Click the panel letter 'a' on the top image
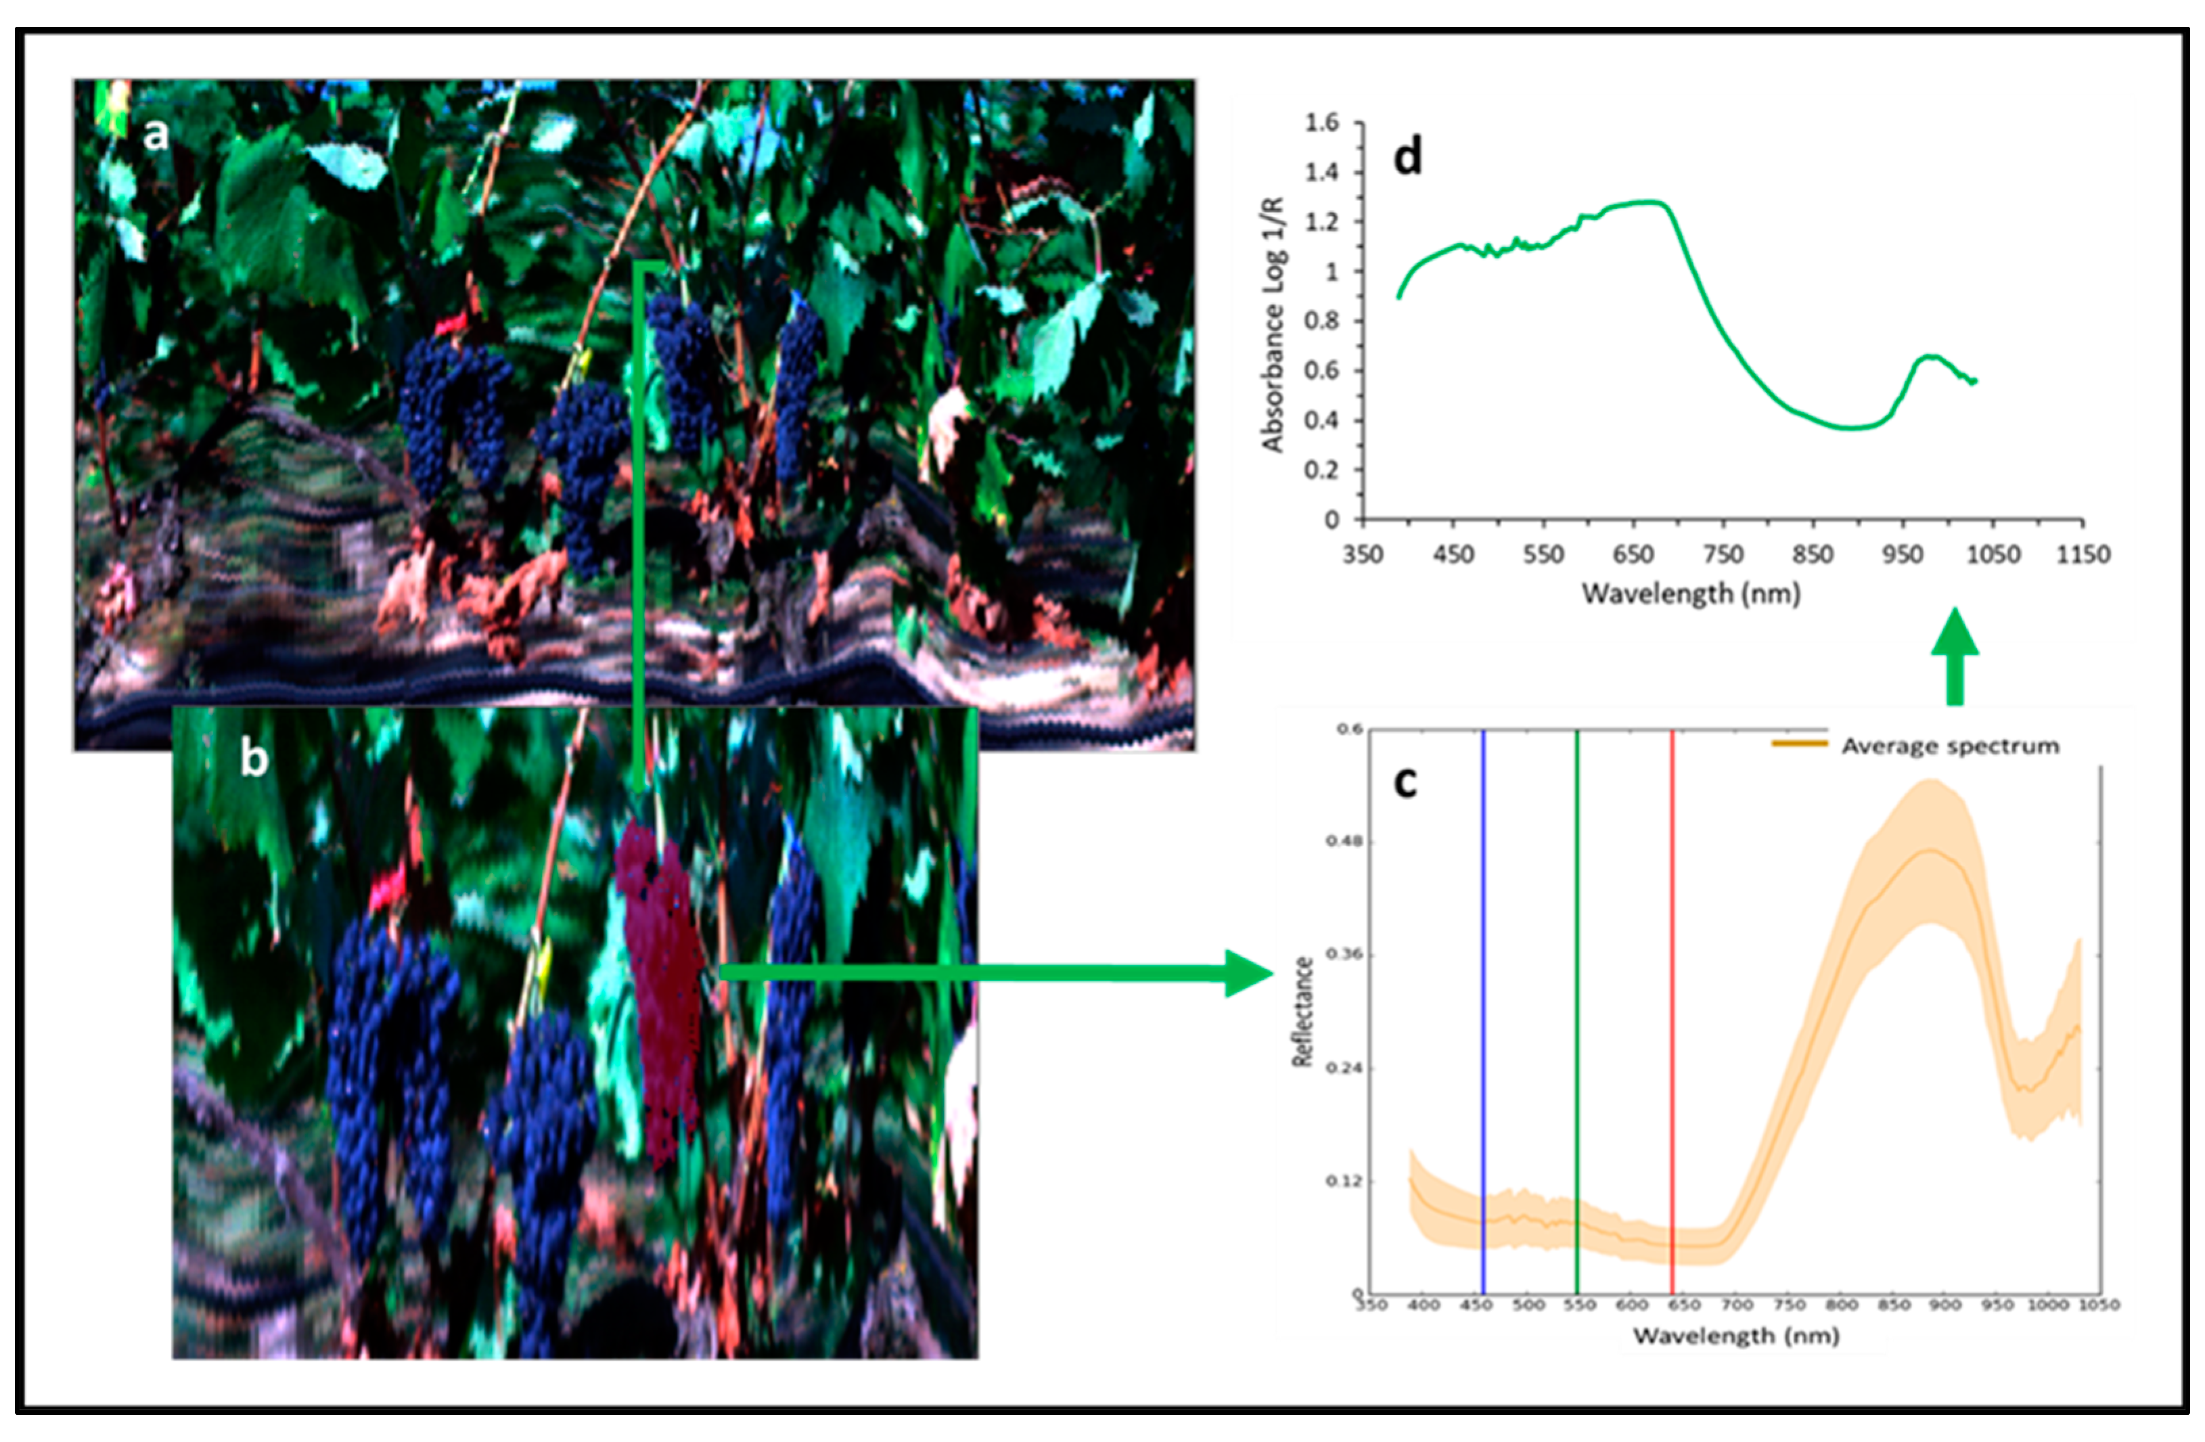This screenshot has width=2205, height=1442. tap(156, 135)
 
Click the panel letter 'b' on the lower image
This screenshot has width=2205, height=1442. tap(253, 758)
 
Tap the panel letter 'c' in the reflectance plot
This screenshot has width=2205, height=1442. tap(1405, 783)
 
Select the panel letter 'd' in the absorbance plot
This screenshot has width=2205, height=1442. tap(1407, 158)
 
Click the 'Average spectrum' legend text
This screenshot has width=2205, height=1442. tap(1950, 746)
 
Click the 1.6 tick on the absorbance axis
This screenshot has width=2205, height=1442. tap(1322, 123)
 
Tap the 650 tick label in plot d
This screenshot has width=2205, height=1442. tap(1633, 555)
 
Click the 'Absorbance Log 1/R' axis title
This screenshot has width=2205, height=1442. tap(1273, 324)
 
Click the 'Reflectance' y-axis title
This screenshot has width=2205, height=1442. tap(1302, 1012)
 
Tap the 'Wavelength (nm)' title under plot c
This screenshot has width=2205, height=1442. tap(1735, 1336)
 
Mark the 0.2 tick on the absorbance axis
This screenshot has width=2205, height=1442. tap(1322, 470)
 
